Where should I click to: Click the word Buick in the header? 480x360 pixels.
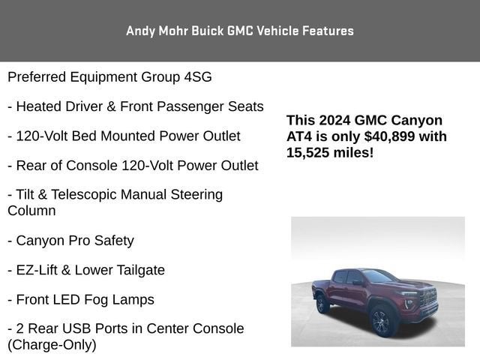tap(208, 31)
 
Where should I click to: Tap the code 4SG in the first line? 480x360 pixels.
tap(198, 76)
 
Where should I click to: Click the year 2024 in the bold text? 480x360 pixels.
tap(334, 120)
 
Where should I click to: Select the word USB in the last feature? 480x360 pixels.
tap(76, 328)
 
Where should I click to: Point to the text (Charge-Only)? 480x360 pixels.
tap(52, 345)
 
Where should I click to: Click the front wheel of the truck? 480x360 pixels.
tap(381, 322)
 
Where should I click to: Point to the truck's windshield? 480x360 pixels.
tap(380, 276)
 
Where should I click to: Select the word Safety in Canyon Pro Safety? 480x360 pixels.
tap(114, 241)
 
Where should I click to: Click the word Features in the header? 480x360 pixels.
tap(328, 31)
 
